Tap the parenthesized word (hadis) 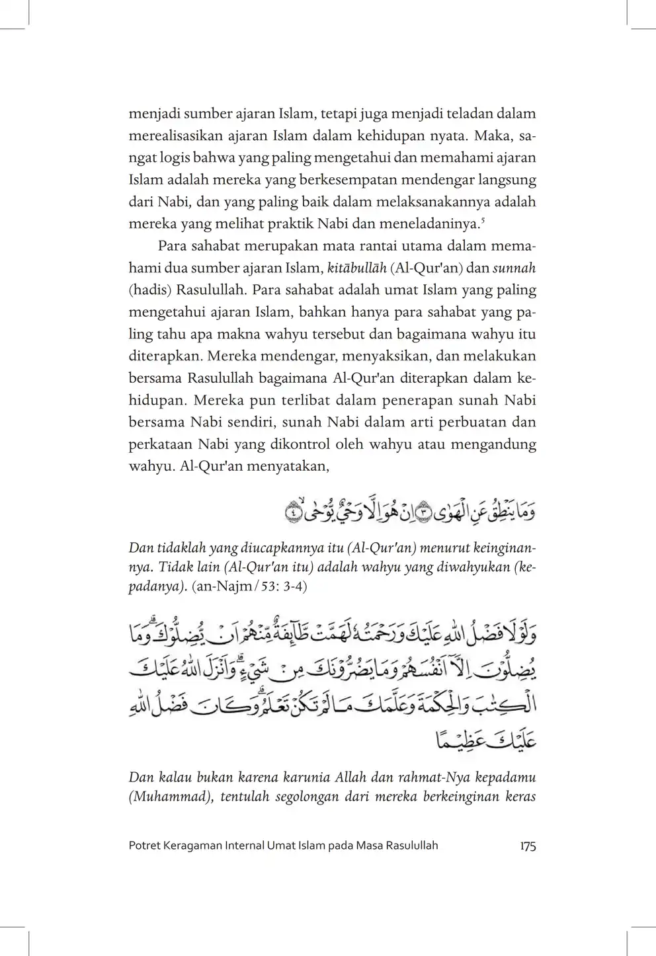[149, 290]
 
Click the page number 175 [528, 846]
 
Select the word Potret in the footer [144, 846]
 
